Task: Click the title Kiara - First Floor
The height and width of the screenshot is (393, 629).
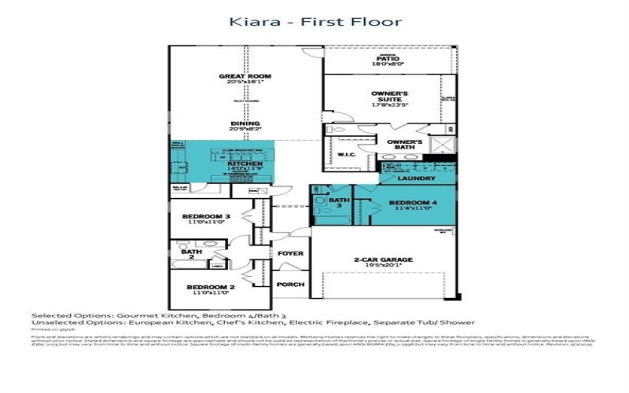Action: [314, 21]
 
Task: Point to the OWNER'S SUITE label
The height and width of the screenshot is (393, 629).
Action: [390, 97]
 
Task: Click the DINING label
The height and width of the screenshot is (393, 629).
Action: [245, 124]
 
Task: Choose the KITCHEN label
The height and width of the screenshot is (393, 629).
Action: [222, 163]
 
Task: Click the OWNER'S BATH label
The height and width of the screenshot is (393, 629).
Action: [406, 145]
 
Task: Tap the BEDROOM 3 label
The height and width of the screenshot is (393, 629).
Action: [206, 216]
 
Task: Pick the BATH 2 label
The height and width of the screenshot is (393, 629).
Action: [186, 253]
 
